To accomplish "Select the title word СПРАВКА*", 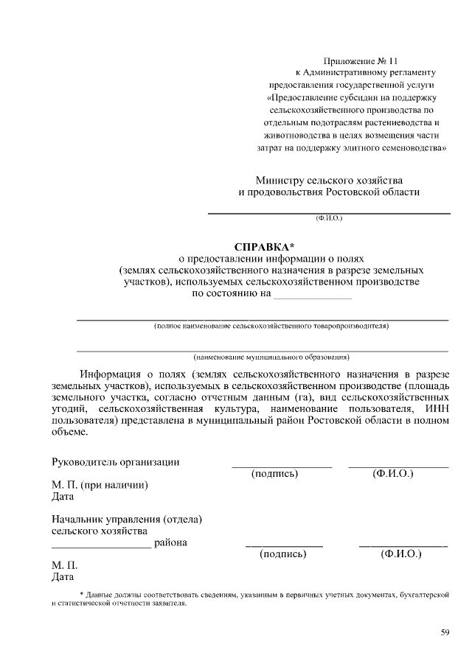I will (x=263, y=246).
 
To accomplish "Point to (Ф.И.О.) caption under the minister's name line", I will (x=329, y=218).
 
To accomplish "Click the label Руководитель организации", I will (x=116, y=462).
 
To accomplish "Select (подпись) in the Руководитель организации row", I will (x=274, y=474).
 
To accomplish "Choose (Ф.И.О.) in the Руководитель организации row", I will (x=393, y=474).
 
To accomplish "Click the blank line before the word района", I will (x=101, y=546).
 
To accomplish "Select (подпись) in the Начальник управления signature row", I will (x=283, y=553).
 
